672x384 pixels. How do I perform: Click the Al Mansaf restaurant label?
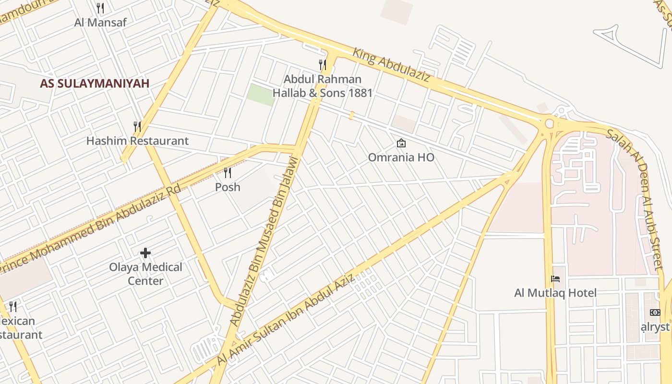(100, 22)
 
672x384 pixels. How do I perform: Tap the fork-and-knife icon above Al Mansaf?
(100, 8)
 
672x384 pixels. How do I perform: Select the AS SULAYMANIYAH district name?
(95, 83)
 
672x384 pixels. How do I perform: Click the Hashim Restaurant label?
(137, 141)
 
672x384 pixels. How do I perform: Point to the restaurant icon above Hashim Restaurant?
(137, 126)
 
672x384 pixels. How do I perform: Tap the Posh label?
(228, 187)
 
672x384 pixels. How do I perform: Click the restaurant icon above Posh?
(228, 172)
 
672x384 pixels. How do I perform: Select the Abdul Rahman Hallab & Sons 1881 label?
(323, 86)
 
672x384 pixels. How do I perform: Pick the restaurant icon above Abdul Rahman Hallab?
(323, 64)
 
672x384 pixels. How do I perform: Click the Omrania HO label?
(401, 157)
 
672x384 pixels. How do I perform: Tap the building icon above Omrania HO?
(401, 143)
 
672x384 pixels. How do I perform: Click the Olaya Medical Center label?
(145, 274)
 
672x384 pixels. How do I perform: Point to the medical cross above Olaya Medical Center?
(145, 252)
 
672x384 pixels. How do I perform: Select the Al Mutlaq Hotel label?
(555, 293)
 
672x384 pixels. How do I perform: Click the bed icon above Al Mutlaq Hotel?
(555, 278)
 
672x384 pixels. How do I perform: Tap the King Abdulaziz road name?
(391, 64)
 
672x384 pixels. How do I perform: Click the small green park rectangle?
(261, 95)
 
